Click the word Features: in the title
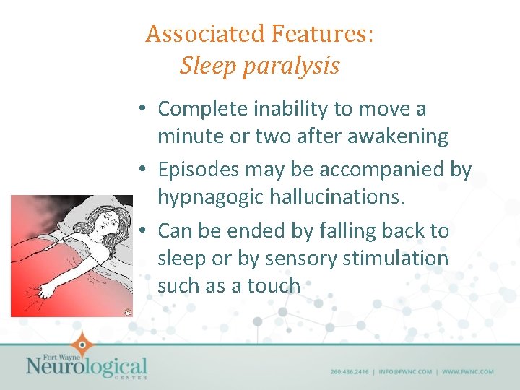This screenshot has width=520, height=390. coord(323,34)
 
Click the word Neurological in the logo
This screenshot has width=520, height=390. coord(86,366)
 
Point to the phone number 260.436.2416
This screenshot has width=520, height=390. coord(350,372)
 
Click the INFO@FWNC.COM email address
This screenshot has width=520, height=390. coord(404,372)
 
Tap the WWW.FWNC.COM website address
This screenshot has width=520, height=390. coord(467,372)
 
